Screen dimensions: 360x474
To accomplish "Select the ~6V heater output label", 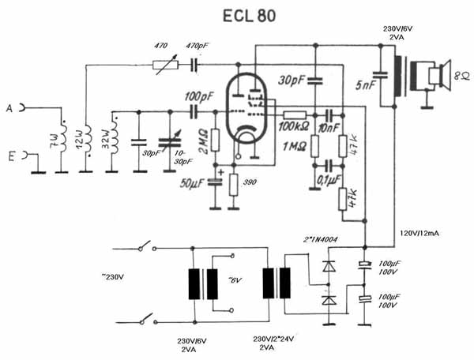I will (235, 280).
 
